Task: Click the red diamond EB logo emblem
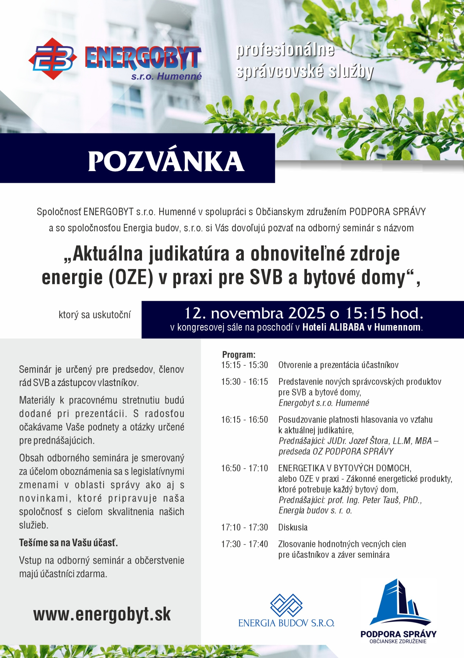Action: (53, 58)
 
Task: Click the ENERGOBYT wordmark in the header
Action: (143, 58)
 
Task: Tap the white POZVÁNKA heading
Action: (166, 161)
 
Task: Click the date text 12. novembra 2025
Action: (254, 313)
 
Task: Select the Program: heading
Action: (239, 355)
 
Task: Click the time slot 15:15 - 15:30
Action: (244, 365)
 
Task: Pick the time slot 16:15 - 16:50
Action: (244, 420)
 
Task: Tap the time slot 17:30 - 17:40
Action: (244, 544)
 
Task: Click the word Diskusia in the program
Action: (293, 527)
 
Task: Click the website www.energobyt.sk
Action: (102, 614)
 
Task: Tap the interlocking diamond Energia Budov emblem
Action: (286, 605)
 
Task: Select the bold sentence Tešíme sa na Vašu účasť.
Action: (68, 543)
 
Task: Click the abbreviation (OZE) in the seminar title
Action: (130, 277)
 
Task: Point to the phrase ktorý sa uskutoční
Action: (94, 315)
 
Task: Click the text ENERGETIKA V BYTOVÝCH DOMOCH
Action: (344, 468)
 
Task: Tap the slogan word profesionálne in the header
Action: (285, 50)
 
